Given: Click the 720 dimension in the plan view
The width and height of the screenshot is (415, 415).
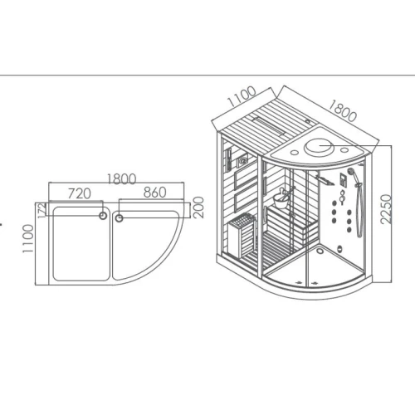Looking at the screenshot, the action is coord(80,193).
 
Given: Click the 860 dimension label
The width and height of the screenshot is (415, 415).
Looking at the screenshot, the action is coord(155,193).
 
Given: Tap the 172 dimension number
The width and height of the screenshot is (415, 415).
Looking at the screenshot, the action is coord(41,211).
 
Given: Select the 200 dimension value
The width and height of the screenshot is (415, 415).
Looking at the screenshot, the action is coord(199,207).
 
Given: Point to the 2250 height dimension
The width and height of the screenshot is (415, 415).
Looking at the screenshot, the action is coord(386,209).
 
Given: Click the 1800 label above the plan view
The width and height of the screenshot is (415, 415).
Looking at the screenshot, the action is coord(122,179).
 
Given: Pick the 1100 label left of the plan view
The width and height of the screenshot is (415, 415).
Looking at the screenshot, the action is coord(28,238).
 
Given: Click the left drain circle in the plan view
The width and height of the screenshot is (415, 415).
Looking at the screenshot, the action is coord(103,216).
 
